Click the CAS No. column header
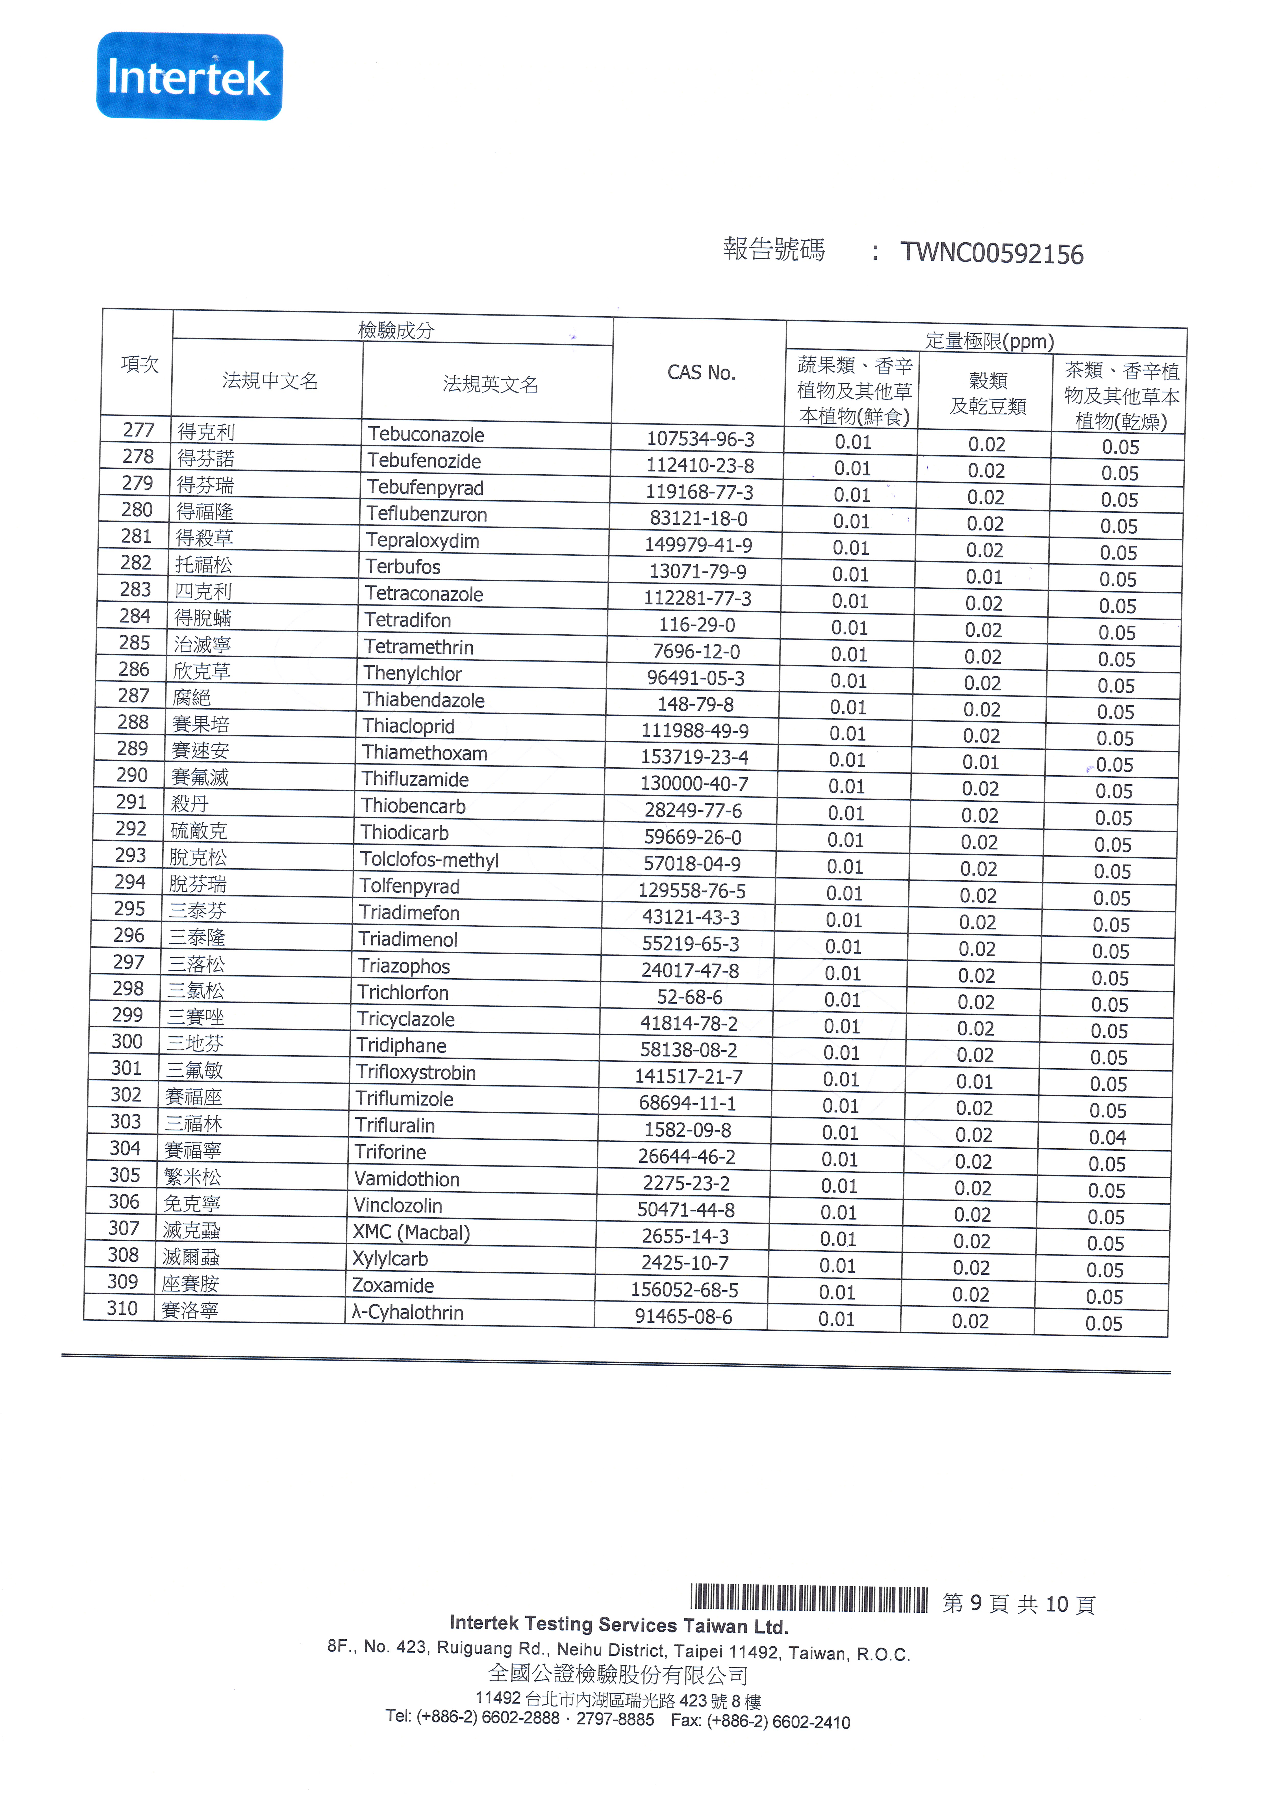click(x=701, y=373)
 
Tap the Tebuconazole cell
click(x=426, y=434)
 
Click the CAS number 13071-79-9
click(x=698, y=572)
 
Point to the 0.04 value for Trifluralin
click(x=1107, y=1138)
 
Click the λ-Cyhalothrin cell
click(x=408, y=1313)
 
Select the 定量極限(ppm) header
click(x=989, y=341)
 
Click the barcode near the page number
click(x=809, y=1599)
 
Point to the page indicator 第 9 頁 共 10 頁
click(x=1019, y=1604)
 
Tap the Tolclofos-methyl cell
click(x=429, y=860)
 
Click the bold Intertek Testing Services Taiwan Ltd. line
click(x=619, y=1625)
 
